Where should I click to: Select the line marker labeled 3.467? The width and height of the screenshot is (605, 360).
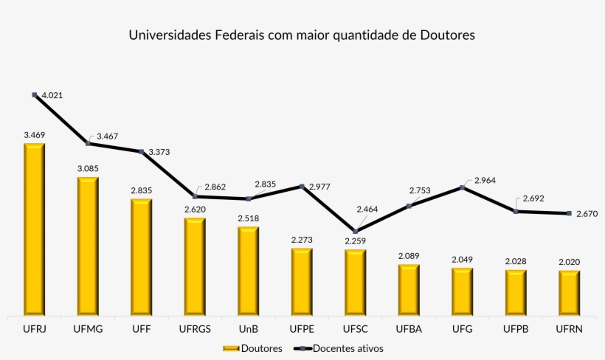88,143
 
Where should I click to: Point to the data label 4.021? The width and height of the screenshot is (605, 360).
53,95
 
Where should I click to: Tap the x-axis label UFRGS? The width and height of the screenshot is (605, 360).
195,329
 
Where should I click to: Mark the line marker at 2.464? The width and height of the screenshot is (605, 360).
355,232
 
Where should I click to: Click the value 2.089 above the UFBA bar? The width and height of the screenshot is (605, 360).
409,256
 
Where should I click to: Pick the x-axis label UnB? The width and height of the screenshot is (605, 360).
249,329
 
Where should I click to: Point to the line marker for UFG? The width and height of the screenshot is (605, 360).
462,187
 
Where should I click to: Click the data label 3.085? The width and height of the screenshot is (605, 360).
88,168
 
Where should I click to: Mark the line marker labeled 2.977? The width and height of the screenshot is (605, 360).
302,185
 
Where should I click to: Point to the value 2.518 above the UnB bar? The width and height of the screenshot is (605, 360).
249,218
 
